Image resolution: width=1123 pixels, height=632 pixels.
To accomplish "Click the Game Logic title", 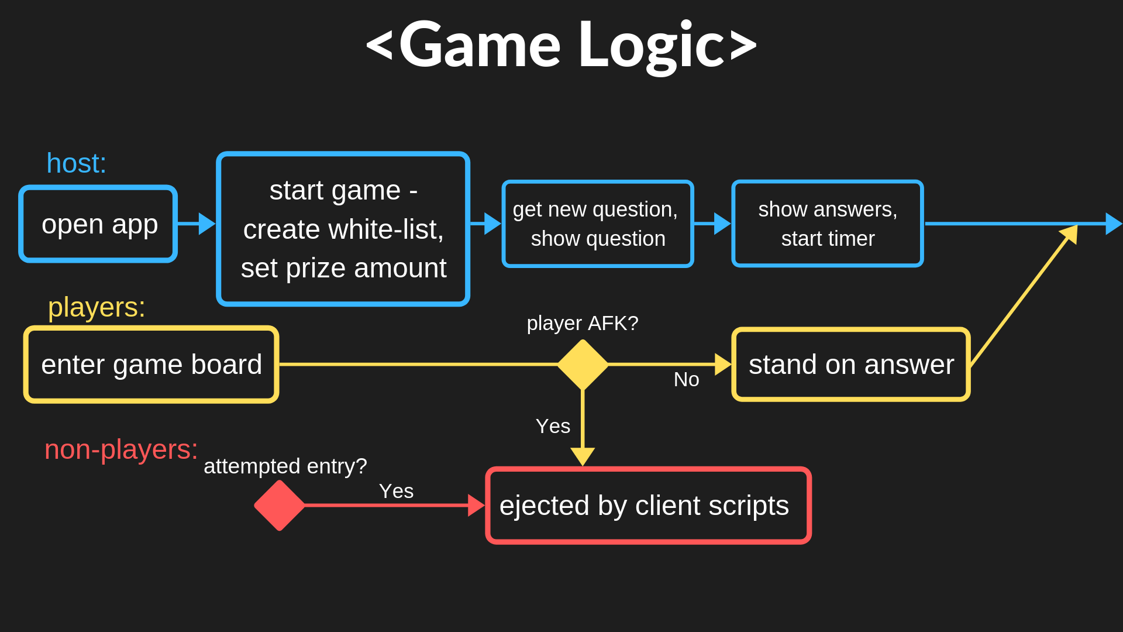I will tap(561, 46).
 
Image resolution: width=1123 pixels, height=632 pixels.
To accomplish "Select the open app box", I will tap(98, 224).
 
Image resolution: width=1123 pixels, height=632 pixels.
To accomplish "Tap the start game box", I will tap(343, 229).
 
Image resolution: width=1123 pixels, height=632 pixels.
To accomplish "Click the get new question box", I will tap(598, 224).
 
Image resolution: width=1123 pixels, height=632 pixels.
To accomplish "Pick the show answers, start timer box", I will tap(828, 224).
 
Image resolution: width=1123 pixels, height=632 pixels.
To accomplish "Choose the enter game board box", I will tap(151, 365).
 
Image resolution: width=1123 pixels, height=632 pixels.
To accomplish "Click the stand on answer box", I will tap(851, 365).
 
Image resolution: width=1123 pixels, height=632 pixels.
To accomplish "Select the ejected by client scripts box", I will tap(648, 506).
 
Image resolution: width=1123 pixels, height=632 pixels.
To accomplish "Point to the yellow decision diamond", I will tap(583, 365).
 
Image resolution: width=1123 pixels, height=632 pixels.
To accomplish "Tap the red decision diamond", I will tap(280, 506).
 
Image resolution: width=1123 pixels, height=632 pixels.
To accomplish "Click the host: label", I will tap(77, 163).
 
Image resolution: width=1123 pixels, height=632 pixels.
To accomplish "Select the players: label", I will tap(97, 307).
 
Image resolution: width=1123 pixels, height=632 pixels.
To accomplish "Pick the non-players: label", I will tap(121, 450).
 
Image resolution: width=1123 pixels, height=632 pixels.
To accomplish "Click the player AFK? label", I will tap(583, 323).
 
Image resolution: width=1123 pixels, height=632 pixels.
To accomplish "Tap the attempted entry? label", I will tap(285, 466).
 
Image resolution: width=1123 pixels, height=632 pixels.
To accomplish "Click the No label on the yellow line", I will tap(686, 380).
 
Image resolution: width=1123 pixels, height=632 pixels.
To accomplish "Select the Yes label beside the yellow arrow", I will tap(553, 427).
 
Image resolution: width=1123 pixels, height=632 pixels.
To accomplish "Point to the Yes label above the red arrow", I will tap(396, 492).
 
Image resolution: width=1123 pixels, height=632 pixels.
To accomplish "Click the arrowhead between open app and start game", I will tap(206, 224).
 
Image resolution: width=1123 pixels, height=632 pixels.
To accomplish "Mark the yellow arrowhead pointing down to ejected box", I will tap(583, 456).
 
